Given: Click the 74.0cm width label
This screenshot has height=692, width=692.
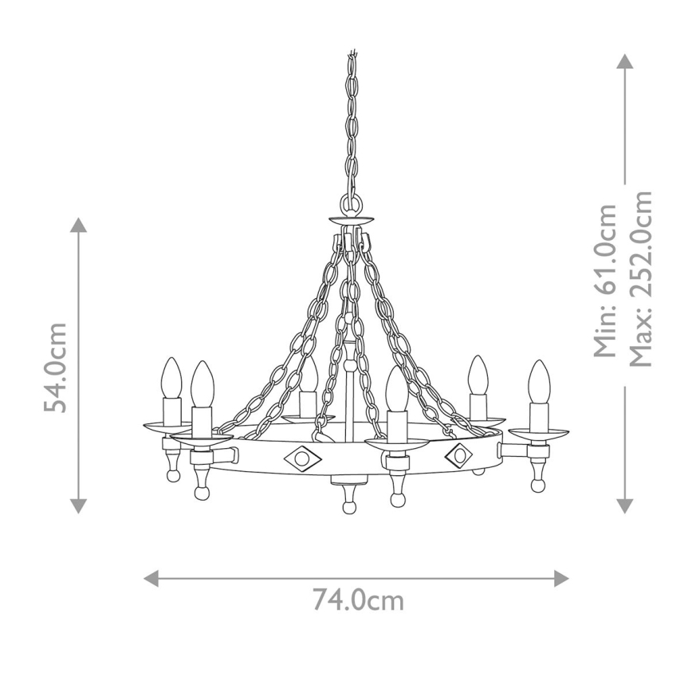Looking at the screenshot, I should (357, 600).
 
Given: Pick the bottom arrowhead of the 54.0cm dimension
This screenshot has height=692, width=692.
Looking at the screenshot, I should (78, 505).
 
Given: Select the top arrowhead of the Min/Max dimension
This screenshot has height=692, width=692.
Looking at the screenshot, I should (625, 61).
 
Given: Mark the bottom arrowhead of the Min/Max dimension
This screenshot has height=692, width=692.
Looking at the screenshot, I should (625, 505).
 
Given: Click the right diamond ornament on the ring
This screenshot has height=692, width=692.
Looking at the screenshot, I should (460, 454).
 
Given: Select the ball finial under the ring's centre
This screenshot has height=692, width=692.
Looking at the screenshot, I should (348, 507).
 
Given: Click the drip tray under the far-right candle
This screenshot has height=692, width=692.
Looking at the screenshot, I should (539, 433).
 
